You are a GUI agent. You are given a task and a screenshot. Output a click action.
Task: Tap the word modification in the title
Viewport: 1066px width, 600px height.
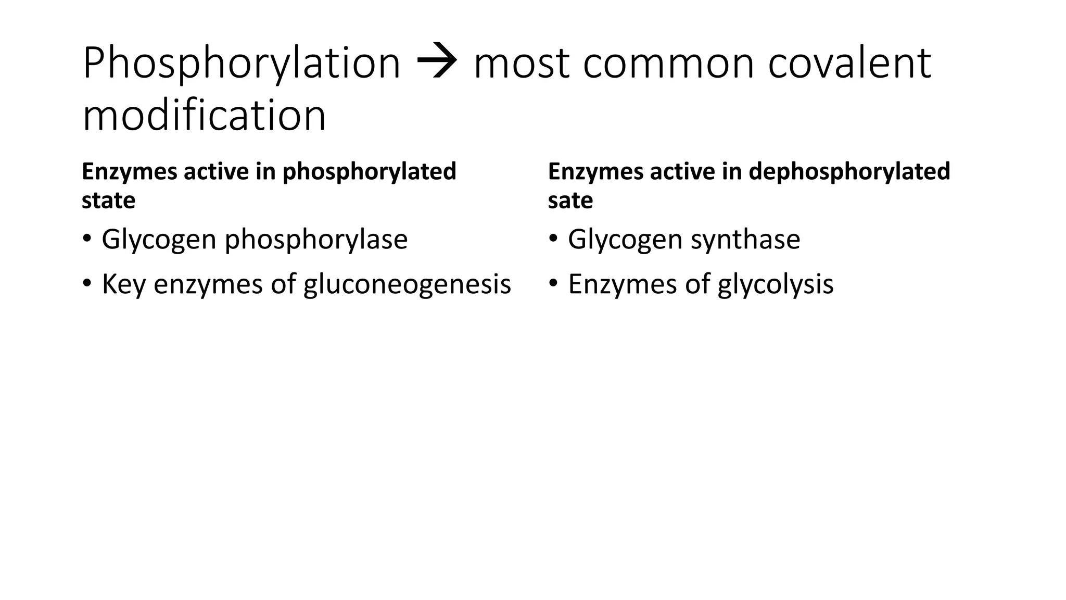204,116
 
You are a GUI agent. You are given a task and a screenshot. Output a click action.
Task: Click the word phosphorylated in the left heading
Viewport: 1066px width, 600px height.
369,171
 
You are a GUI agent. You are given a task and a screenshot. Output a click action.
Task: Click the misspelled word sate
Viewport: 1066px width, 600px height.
570,201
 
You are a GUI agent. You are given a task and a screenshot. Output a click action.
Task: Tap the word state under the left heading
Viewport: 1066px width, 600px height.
108,201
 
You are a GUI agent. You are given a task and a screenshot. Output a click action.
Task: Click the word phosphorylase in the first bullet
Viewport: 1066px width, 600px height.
316,240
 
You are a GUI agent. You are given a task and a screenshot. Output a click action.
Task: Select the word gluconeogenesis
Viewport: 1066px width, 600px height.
407,285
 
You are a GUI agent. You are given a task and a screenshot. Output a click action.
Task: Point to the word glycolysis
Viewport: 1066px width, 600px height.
776,285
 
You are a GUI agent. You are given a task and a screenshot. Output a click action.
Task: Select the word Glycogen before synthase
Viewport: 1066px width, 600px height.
625,240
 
